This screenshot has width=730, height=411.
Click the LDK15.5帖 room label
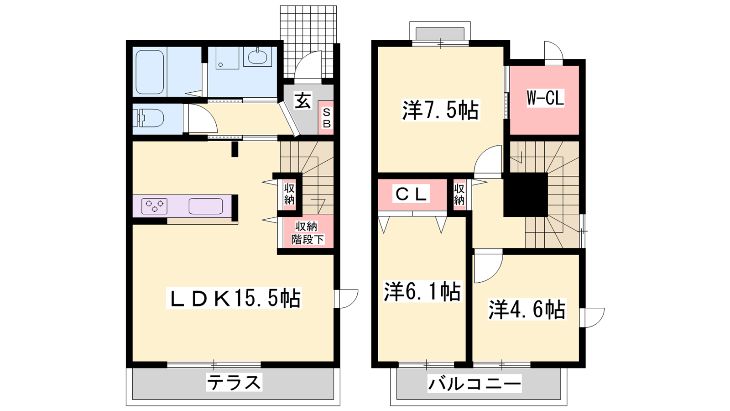(x=234, y=298)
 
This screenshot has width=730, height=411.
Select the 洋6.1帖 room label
(x=422, y=291)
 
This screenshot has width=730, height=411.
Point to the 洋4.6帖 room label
(x=527, y=309)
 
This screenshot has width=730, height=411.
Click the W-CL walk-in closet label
(x=545, y=98)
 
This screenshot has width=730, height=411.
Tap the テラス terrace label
(x=234, y=382)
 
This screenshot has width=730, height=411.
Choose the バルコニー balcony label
(x=474, y=384)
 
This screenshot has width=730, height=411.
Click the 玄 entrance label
(x=303, y=100)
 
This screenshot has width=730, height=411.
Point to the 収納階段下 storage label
(x=308, y=233)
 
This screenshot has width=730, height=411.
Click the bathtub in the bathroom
(x=150, y=72)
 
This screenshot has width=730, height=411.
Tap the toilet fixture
(x=148, y=118)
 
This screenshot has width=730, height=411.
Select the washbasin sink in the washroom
(x=257, y=57)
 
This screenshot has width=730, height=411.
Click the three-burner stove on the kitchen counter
(x=154, y=206)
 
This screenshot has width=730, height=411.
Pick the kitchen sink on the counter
(x=206, y=206)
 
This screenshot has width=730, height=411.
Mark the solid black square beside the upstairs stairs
(x=526, y=195)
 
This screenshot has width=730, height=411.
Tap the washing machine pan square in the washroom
(x=227, y=58)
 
